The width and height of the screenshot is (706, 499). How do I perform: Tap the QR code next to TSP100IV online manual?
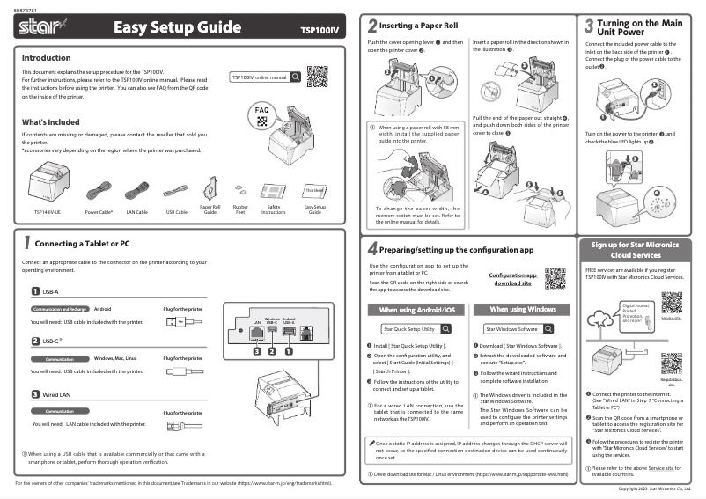(x=318, y=77)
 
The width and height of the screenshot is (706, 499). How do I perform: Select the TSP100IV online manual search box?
(x=265, y=77)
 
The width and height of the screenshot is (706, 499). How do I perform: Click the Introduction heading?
(x=46, y=57)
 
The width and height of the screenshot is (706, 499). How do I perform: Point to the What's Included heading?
(x=50, y=121)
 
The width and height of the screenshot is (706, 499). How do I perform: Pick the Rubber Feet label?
(x=239, y=210)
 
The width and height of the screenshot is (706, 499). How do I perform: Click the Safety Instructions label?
(x=273, y=210)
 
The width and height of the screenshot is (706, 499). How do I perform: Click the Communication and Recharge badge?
(x=59, y=310)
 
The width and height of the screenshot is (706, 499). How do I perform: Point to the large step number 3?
(x=588, y=26)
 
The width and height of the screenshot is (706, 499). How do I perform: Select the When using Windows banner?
(x=523, y=310)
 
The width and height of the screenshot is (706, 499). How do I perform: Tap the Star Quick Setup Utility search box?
(x=416, y=328)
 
